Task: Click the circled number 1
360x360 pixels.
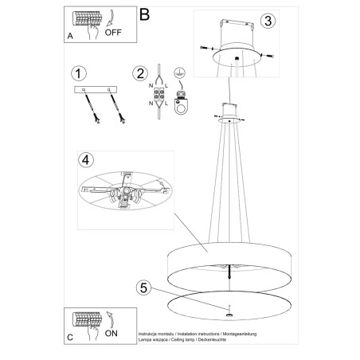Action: click(x=78, y=74)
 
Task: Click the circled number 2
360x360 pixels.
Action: click(x=141, y=74)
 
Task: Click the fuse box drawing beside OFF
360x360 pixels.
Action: click(x=84, y=19)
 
